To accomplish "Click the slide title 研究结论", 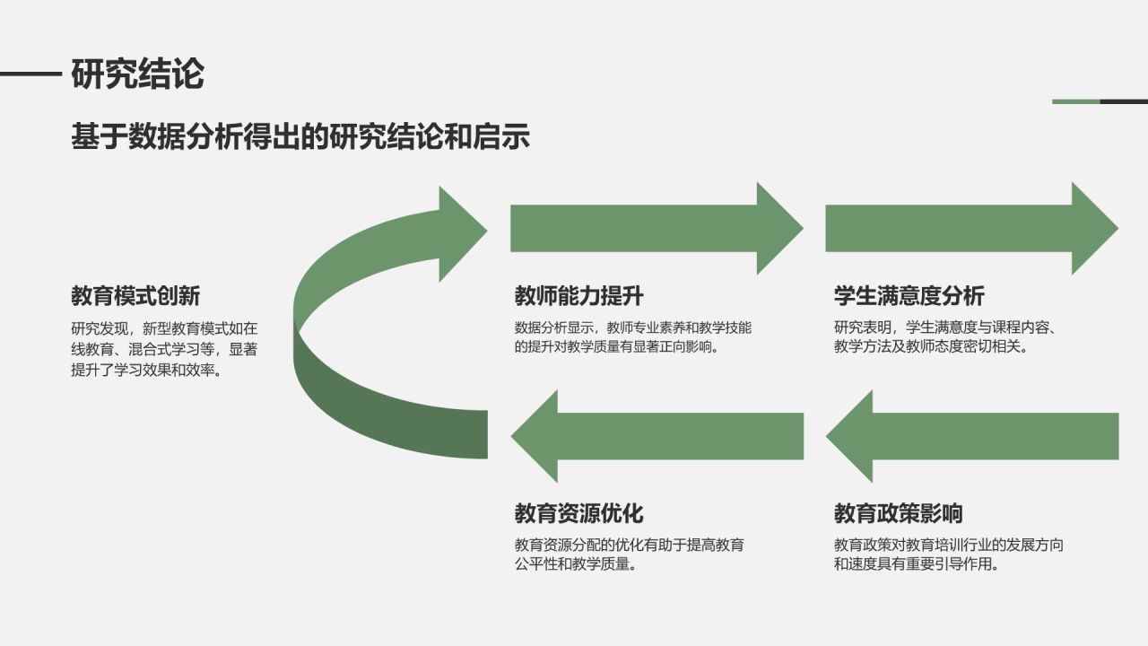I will (x=137, y=74).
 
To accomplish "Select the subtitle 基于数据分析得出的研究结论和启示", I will (x=300, y=136).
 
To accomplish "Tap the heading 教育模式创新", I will (x=135, y=296).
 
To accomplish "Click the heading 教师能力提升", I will (x=578, y=296).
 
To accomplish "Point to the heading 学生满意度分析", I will (x=909, y=296).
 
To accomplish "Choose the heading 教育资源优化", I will (x=578, y=513).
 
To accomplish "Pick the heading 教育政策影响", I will (x=898, y=513).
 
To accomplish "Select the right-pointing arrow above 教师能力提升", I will (x=655, y=228).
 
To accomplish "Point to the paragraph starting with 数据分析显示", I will (x=633, y=337).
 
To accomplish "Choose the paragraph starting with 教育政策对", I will (x=949, y=554).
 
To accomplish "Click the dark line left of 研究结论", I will (x=30, y=74).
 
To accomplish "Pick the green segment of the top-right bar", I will (x=1076, y=101).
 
